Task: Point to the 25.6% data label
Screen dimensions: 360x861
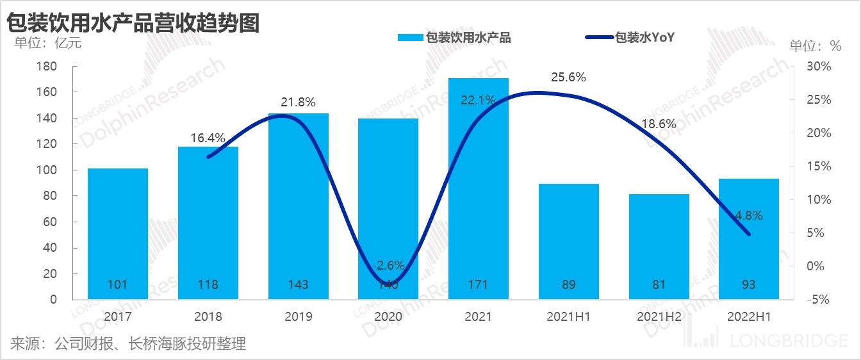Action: pyautogui.click(x=568, y=78)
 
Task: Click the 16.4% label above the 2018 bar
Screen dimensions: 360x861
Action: pyautogui.click(x=208, y=138)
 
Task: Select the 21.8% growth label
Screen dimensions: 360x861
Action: pyautogui.click(x=298, y=102)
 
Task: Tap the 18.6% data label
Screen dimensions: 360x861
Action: pyautogui.click(x=659, y=124)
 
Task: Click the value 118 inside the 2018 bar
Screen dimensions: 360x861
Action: pyautogui.click(x=208, y=284)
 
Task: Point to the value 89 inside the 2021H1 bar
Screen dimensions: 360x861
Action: pyautogui.click(x=569, y=284)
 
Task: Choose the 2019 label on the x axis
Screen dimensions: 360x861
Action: pyautogui.click(x=298, y=316)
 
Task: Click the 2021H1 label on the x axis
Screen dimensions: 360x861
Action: pyautogui.click(x=569, y=316)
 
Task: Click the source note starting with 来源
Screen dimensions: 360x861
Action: pyautogui.click(x=128, y=344)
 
